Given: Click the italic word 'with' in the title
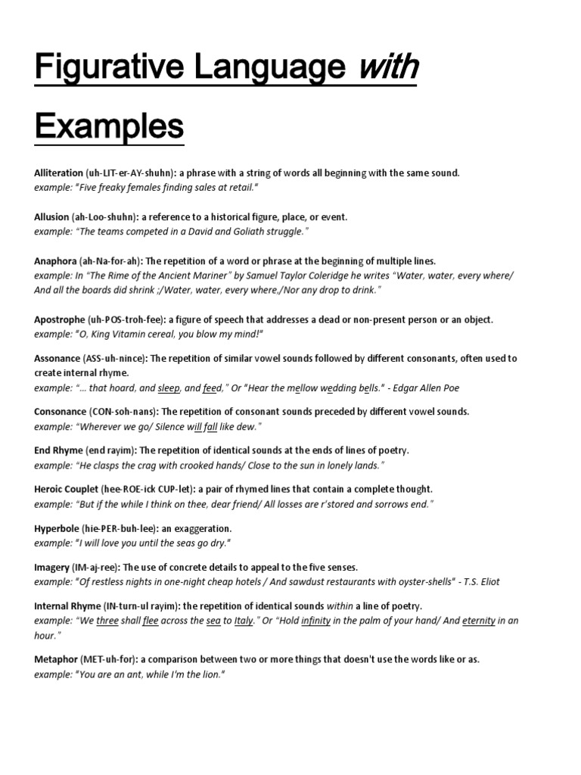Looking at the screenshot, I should (x=387, y=70).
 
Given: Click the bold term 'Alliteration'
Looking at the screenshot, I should (x=58, y=173).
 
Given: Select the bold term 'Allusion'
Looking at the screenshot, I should (x=51, y=217).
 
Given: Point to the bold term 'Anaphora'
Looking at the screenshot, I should (x=55, y=261).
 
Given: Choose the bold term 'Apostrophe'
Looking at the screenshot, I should (x=59, y=320).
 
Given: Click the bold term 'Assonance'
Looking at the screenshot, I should (x=57, y=358).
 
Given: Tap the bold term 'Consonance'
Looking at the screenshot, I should (x=60, y=412).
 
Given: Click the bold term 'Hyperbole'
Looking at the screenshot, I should (x=57, y=528).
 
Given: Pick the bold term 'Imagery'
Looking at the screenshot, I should (x=52, y=567).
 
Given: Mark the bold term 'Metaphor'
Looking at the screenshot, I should (x=55, y=659).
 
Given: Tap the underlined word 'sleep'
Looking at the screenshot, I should (x=169, y=388).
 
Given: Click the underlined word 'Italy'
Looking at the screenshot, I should (x=243, y=621).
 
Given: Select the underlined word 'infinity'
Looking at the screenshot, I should (x=316, y=621).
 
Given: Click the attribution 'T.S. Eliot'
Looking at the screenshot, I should (x=477, y=582).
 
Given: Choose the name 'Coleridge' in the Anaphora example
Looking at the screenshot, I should (x=336, y=275).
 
